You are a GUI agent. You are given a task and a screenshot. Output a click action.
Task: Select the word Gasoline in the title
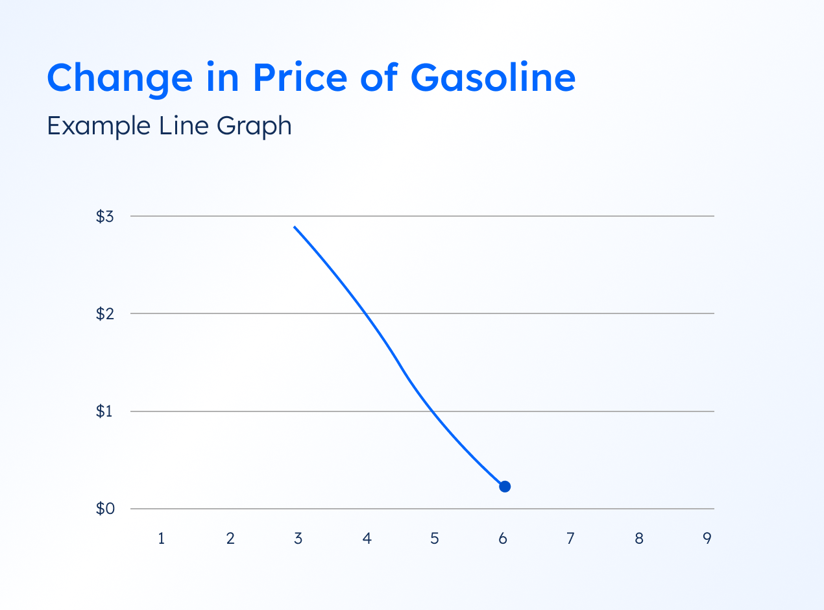point(493,77)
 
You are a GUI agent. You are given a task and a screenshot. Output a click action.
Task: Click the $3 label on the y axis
point(105,217)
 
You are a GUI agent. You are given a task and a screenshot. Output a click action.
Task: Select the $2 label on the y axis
point(105,314)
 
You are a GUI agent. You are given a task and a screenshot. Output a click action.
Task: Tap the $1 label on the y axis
point(105,411)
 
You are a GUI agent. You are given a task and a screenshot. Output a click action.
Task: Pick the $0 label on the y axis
point(105,509)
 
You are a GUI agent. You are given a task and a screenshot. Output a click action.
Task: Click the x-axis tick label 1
point(162,539)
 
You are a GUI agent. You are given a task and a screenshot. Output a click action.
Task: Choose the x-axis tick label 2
point(230,539)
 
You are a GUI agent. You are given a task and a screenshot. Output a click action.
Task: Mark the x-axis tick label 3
point(298,539)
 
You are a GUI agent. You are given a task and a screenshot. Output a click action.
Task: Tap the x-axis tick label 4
point(367,539)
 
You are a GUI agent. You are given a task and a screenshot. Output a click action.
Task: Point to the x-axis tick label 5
point(435,539)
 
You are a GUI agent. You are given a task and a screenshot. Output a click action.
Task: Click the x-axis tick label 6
point(503,539)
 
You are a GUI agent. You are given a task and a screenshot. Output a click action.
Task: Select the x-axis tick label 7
point(570,539)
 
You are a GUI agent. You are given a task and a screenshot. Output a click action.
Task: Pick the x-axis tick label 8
point(639,539)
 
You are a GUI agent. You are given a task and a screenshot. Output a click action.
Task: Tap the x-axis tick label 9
point(707,539)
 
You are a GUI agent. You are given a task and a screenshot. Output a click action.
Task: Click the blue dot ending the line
point(505,487)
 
